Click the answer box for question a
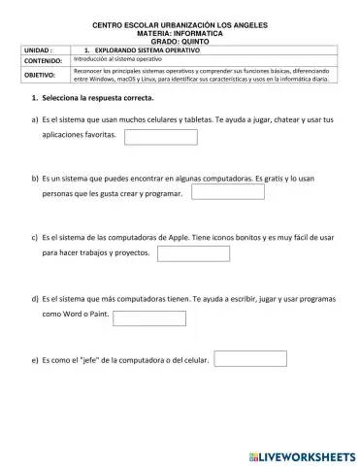tap(161, 137)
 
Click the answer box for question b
tap(228, 192)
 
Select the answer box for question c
tap(193, 254)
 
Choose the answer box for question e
tap(249, 359)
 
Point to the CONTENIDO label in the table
tap(31, 59)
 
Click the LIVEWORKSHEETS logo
tap(303, 454)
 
